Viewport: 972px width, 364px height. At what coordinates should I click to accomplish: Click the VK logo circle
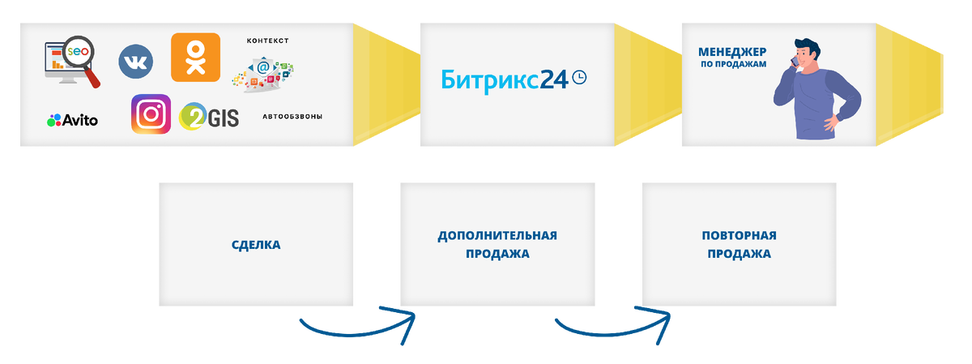(x=135, y=62)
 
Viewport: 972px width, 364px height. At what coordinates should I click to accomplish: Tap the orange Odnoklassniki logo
(x=195, y=57)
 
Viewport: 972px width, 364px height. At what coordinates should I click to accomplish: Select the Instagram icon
(x=151, y=114)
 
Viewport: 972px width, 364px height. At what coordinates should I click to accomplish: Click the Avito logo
(x=72, y=120)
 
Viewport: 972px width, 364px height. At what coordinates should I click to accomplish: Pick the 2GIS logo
(x=209, y=117)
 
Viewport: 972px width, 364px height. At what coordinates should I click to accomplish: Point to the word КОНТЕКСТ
(x=267, y=41)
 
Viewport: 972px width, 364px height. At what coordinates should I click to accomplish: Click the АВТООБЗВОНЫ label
(x=292, y=117)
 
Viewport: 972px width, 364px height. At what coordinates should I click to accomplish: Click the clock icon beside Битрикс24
(x=579, y=77)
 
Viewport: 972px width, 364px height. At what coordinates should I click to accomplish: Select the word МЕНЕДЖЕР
(x=732, y=52)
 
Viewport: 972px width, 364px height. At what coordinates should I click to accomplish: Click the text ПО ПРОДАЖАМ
(x=732, y=64)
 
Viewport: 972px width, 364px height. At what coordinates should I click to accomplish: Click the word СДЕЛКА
(x=256, y=244)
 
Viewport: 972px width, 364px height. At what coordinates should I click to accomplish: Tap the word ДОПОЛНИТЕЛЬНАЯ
(x=497, y=236)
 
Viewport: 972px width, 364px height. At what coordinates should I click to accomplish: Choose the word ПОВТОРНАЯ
(x=739, y=236)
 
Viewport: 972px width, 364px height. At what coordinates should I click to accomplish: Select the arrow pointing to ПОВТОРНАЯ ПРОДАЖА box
(x=613, y=326)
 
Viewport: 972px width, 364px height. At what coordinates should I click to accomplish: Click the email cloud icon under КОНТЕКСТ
(x=264, y=71)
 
